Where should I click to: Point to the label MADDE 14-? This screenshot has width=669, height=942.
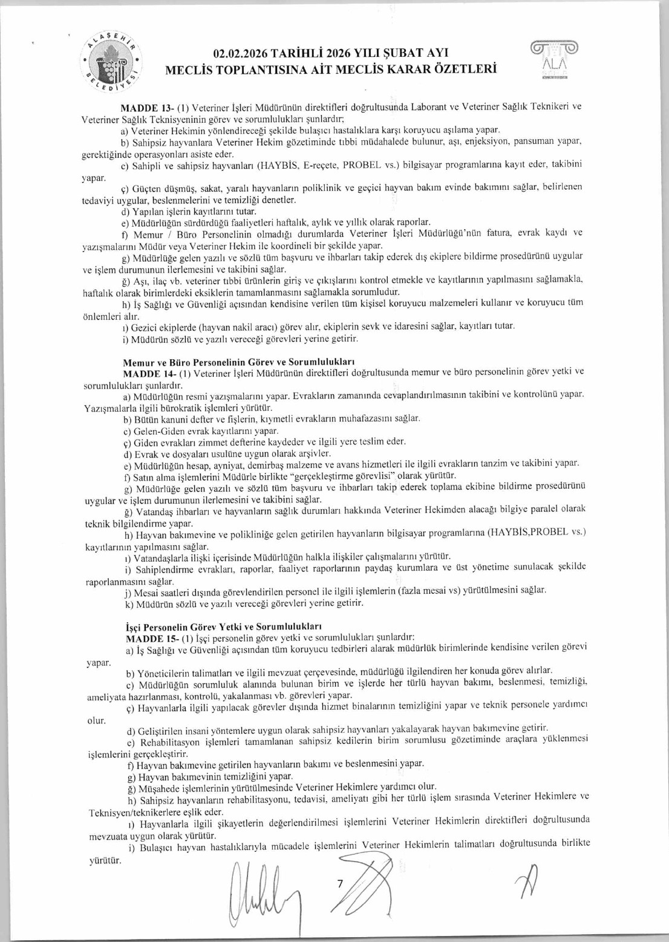tap(149, 374)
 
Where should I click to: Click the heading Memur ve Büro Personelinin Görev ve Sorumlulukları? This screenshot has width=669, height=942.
tap(238, 363)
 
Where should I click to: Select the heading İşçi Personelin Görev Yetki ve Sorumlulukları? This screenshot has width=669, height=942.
tap(223, 627)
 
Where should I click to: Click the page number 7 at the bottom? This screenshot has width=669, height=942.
tap(340, 884)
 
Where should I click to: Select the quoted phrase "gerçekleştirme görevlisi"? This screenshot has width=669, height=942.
tap(352, 476)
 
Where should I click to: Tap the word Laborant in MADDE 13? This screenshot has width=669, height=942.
tap(428, 107)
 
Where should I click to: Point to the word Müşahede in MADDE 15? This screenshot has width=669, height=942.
tap(158, 787)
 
